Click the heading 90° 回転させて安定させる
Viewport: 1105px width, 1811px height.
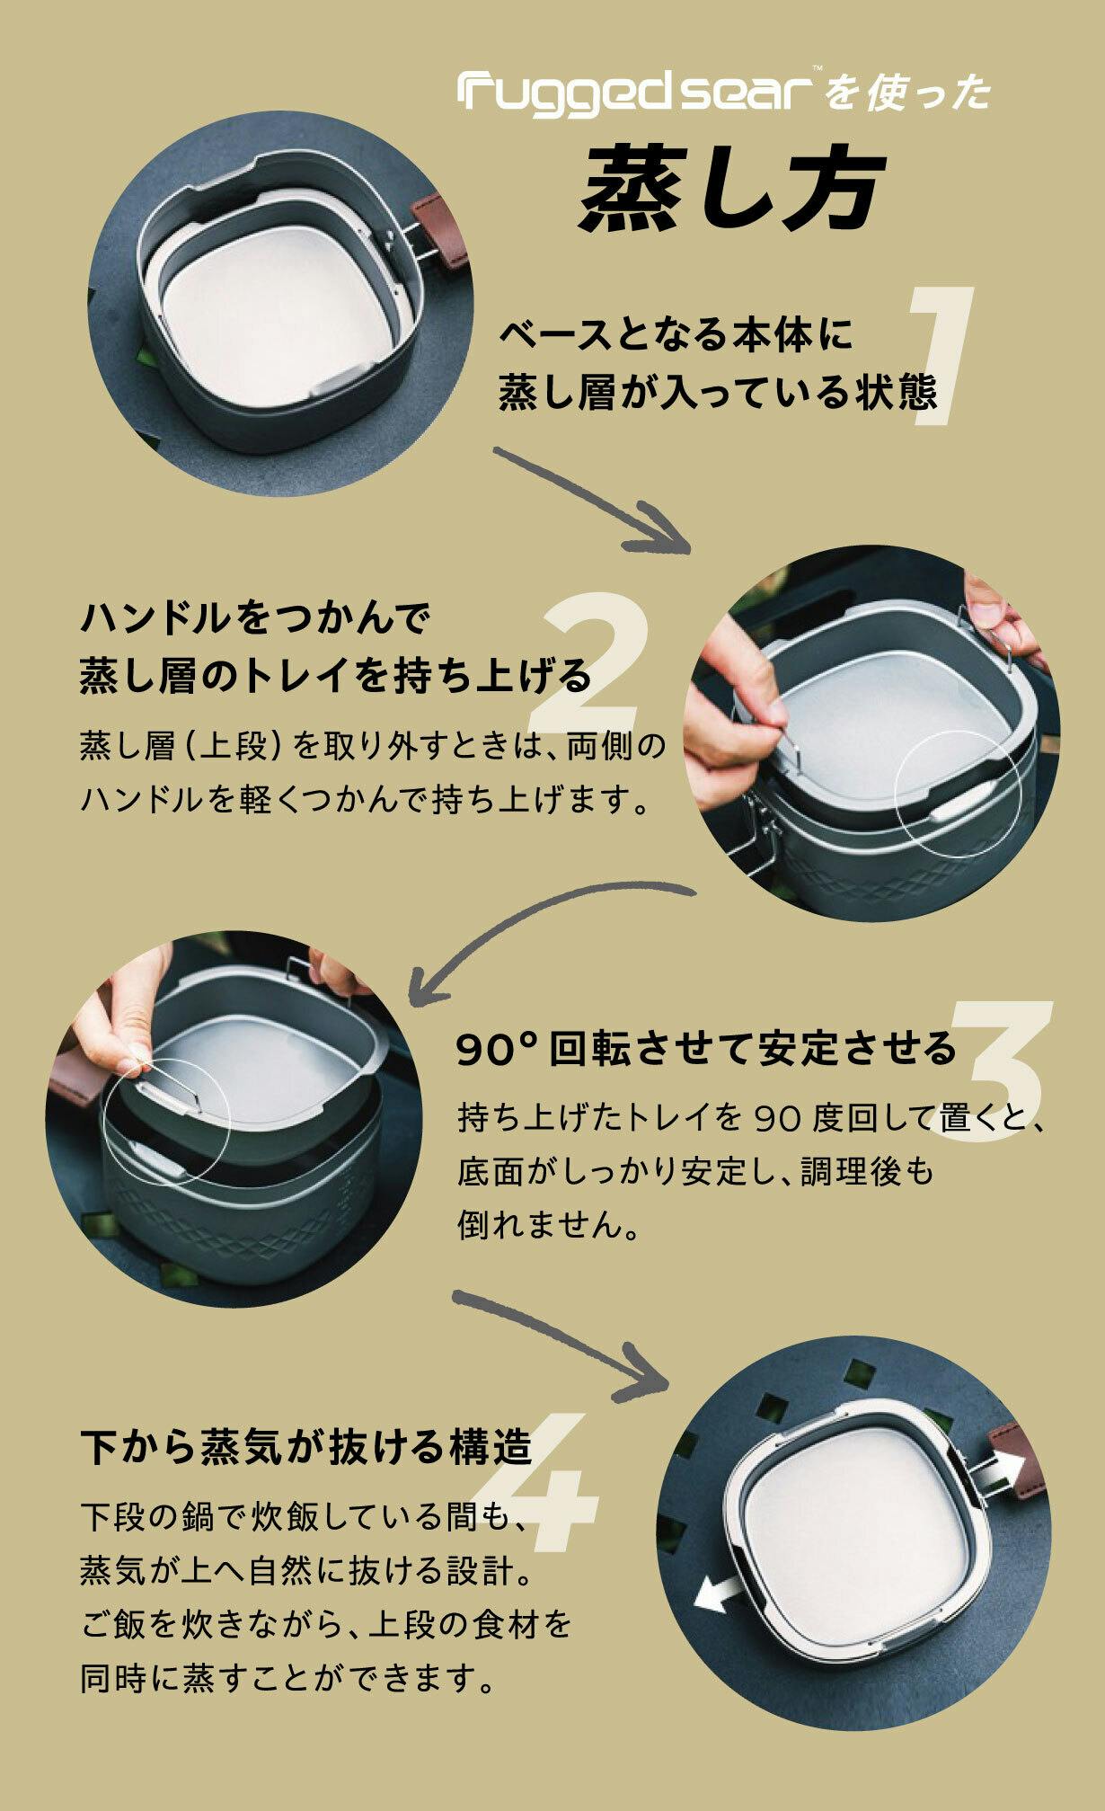click(x=707, y=1048)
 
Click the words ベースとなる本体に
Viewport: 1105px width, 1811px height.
click(x=676, y=335)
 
